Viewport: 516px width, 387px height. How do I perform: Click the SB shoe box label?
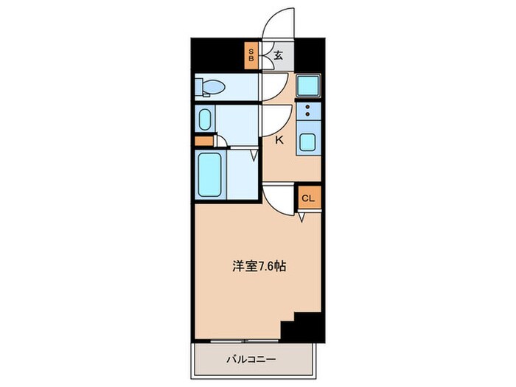(251, 54)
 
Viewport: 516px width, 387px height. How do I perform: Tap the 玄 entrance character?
(280, 55)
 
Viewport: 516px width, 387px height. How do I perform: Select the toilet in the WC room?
(211, 88)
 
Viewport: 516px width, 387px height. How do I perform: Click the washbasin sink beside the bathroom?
(204, 119)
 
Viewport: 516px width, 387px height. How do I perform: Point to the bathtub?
(210, 173)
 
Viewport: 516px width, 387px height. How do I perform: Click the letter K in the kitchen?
(279, 139)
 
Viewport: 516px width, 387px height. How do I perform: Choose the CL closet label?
(309, 198)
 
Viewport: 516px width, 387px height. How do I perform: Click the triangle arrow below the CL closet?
(303, 217)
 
